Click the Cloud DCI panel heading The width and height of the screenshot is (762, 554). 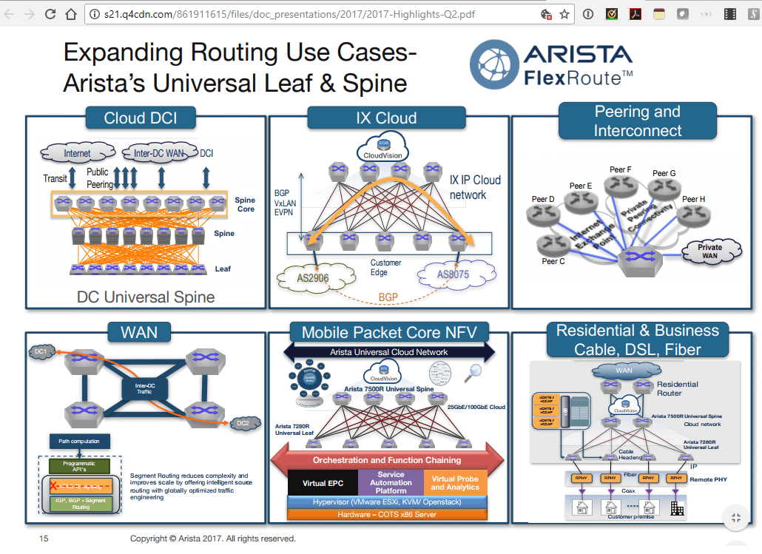coord(140,118)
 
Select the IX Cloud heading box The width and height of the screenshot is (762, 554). coord(386,118)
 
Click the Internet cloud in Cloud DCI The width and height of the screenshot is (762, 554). coord(78,154)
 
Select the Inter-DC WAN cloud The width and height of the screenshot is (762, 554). coord(158,154)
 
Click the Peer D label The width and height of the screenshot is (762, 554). coord(542,199)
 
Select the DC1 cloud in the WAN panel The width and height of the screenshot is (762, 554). coord(38,353)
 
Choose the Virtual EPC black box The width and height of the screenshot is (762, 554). coord(323,483)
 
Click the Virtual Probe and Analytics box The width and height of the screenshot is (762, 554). coord(455,482)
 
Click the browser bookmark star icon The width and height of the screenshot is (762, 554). coord(564,13)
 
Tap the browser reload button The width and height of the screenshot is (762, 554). coord(50,13)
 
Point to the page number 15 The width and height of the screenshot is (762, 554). coord(44,538)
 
